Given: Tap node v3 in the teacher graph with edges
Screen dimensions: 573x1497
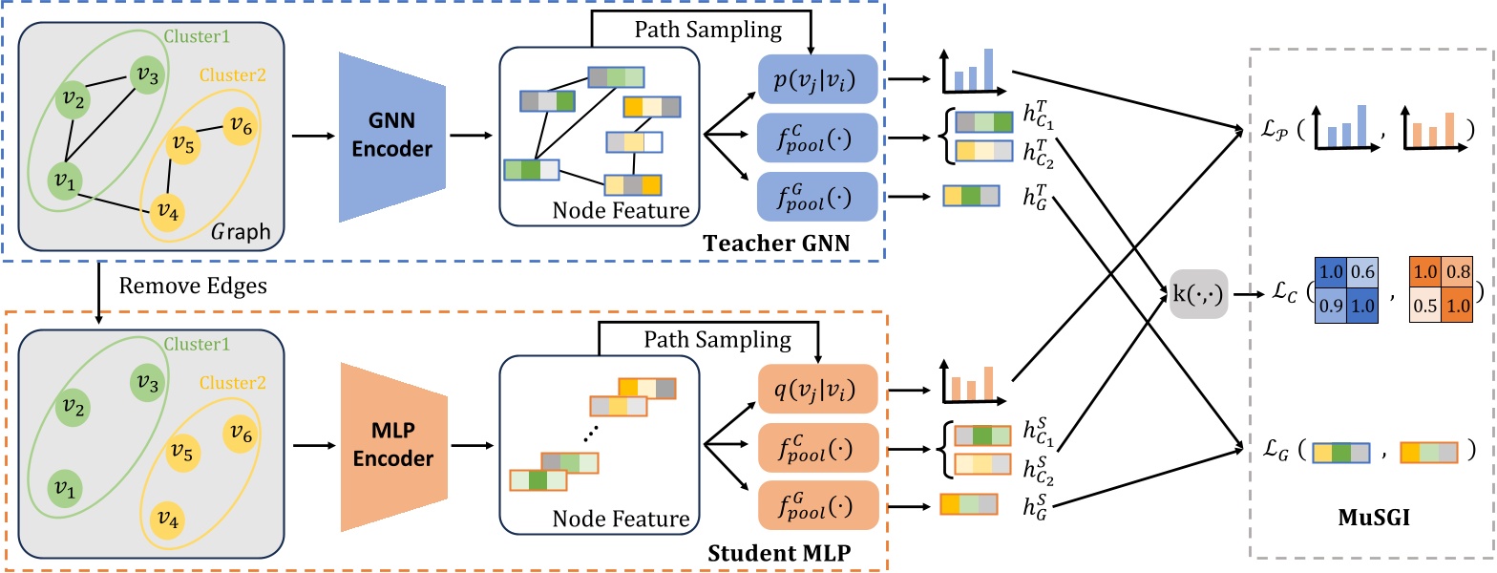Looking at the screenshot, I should [145, 73].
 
